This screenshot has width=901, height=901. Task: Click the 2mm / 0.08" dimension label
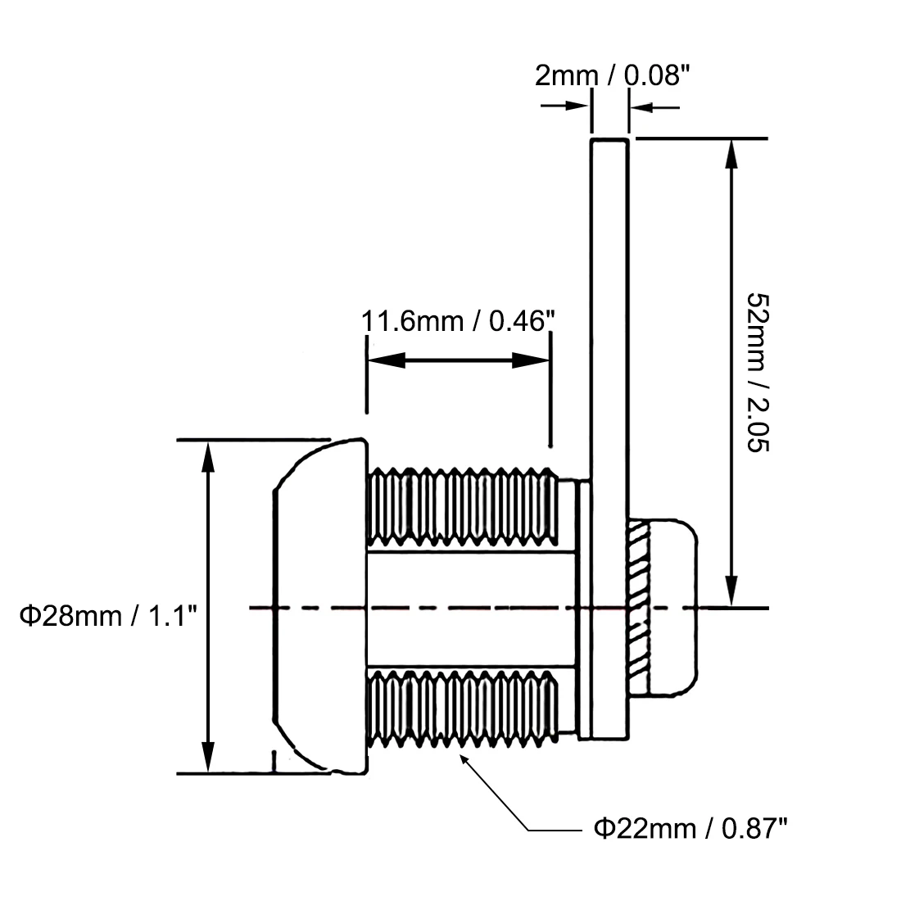(612, 75)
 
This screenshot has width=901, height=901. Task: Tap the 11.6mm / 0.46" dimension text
(458, 320)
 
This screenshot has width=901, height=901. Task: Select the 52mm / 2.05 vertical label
(758, 373)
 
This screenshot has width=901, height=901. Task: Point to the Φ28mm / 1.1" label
(108, 616)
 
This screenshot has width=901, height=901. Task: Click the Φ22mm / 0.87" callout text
(690, 829)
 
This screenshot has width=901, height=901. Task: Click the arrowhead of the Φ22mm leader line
(464, 759)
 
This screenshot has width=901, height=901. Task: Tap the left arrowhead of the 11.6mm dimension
(386, 360)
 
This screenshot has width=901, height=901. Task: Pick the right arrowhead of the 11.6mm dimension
(531, 360)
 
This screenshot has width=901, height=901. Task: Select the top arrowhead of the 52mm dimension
(731, 154)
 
